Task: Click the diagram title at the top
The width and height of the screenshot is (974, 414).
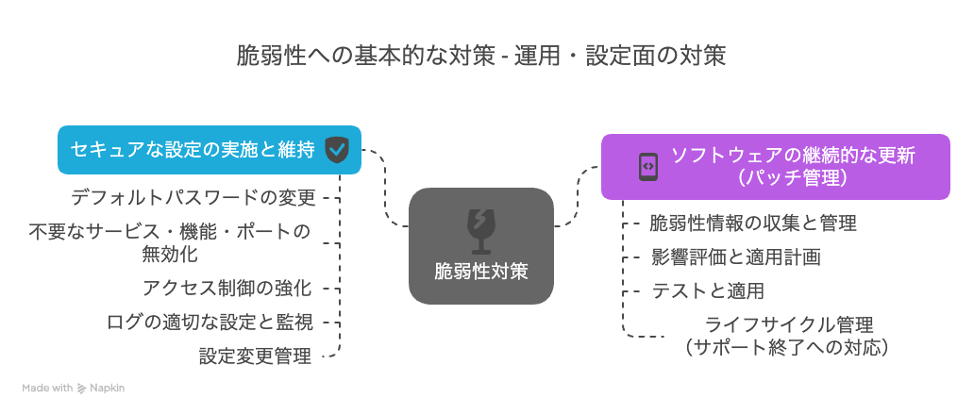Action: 480,56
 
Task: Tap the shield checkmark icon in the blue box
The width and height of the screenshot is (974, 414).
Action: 337,150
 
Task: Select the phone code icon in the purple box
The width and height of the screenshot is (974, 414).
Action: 647,166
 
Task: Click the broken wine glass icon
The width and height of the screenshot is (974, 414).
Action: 480,231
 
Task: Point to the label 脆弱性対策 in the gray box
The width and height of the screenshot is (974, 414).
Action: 480,272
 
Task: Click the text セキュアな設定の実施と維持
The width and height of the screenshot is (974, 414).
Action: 193,150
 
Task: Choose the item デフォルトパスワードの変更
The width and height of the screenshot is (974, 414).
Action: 193,198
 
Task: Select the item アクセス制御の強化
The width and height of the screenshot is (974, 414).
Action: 227,288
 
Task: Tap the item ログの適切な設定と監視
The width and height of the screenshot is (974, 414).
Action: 210,323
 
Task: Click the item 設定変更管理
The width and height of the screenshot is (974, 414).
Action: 256,356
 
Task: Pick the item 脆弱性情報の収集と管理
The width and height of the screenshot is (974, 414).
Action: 753,223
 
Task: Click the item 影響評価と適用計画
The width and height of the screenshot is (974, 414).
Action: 736,257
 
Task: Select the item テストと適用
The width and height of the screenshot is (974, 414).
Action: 708,290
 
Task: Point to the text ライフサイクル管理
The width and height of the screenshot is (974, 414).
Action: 789,324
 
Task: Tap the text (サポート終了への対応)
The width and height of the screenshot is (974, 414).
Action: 789,347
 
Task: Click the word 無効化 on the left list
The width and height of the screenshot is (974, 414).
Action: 170,254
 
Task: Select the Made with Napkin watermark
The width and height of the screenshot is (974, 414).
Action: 74,389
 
